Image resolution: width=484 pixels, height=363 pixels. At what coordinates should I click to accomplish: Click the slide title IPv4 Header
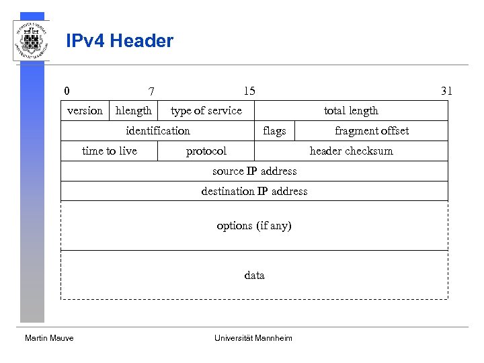(x=120, y=41)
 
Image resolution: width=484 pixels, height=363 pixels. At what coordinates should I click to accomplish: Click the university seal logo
(x=31, y=40)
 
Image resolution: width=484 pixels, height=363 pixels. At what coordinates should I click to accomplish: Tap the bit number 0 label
(x=67, y=91)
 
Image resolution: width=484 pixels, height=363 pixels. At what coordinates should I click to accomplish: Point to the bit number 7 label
(x=152, y=91)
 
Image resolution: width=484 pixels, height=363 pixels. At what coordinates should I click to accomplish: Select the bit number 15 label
(x=249, y=91)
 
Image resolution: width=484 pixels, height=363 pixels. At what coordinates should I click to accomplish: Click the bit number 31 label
(x=446, y=91)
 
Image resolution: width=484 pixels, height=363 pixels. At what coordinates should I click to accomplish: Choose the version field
(x=85, y=111)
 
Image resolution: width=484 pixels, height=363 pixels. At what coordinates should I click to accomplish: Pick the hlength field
(x=134, y=111)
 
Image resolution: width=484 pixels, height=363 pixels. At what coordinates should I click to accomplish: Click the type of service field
(x=206, y=111)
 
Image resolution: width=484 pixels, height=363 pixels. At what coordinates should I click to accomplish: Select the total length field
(x=351, y=111)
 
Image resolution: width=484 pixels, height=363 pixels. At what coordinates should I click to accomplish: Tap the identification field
(x=158, y=131)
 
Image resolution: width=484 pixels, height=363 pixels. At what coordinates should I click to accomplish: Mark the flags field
(x=274, y=131)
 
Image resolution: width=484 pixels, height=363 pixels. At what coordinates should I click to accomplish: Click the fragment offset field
(x=371, y=131)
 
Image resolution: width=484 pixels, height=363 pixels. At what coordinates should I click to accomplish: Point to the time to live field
(x=110, y=151)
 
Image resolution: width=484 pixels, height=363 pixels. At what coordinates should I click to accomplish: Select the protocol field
(x=206, y=151)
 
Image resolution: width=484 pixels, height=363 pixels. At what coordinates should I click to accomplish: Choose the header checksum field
(x=351, y=151)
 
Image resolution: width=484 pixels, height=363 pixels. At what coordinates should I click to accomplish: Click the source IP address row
(x=254, y=171)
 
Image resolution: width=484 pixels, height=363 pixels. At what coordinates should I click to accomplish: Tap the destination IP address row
(x=254, y=192)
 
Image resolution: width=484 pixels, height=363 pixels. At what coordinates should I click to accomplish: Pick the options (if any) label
(x=254, y=226)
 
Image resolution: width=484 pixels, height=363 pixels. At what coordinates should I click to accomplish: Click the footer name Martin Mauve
(x=49, y=338)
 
